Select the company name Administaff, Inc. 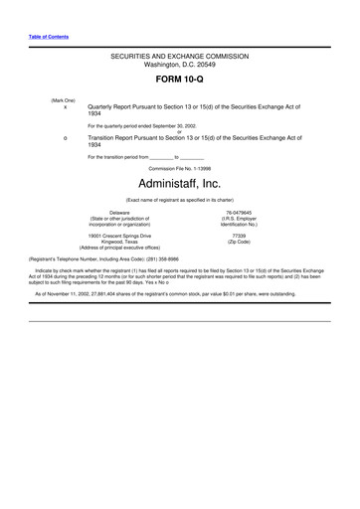[180, 183]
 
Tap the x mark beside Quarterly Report [65, 105]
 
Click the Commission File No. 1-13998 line [180, 168]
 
